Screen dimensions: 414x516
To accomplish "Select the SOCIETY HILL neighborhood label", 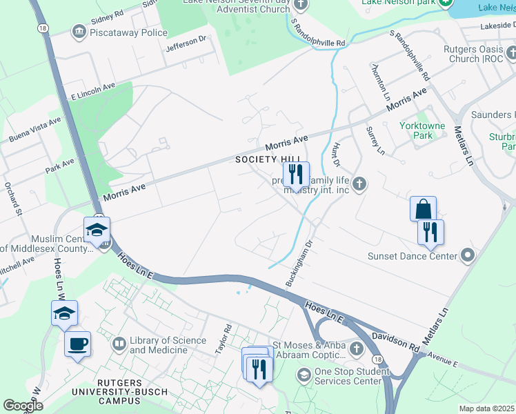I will (x=261, y=159).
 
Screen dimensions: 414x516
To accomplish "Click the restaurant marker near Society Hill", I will (x=296, y=175).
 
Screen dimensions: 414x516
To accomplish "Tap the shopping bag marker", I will (x=423, y=208).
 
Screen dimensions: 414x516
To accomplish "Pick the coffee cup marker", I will (x=77, y=343).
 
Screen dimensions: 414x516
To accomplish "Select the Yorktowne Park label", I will (x=417, y=130).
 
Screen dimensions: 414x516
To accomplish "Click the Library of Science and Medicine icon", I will (x=119, y=343).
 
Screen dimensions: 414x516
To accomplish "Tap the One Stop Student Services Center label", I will (x=348, y=376).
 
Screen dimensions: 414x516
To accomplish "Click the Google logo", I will (x=23, y=406).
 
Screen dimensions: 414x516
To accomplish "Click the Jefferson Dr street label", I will (x=186, y=44).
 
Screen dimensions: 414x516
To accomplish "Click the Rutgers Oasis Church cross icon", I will (x=510, y=52).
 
